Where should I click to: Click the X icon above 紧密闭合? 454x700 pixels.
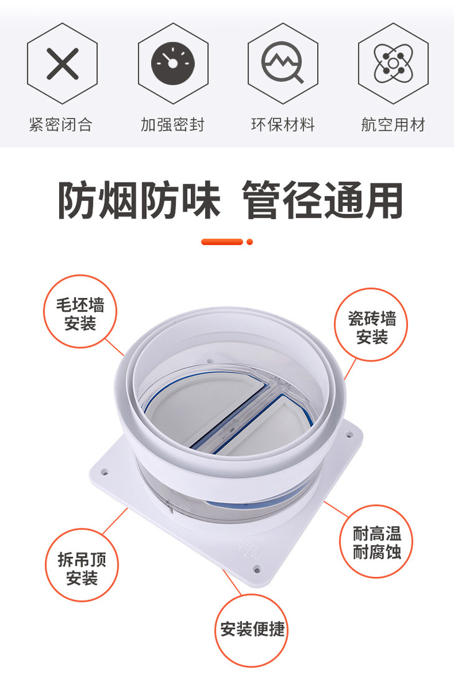62,63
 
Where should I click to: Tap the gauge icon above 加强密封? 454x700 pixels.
173,63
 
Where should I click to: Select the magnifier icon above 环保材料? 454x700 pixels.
282,62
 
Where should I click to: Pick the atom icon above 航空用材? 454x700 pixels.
393,63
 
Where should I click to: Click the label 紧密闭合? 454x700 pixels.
61,124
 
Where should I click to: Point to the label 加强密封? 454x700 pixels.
172,124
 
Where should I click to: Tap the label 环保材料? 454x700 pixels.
283,124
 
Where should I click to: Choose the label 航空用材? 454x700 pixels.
393,124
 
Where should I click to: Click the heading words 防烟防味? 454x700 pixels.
139,200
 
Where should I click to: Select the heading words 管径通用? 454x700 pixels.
322,200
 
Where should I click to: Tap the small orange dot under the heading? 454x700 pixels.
249,242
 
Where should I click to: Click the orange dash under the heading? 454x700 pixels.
222,242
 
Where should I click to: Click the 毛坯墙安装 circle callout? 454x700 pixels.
80,312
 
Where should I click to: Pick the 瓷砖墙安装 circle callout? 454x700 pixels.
371,325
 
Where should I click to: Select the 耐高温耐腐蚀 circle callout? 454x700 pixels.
377,541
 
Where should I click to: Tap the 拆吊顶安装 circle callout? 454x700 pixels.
81,565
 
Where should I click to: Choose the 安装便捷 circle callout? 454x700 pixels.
252,630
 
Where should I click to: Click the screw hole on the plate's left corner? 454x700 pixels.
105,471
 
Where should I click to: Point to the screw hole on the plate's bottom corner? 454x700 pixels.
256,569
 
